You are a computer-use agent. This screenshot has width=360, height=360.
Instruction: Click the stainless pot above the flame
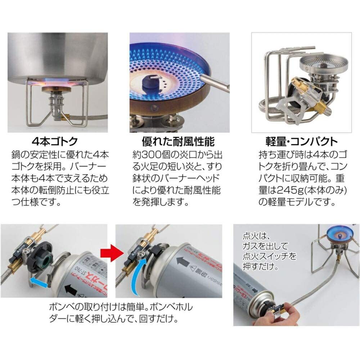click(x=58, y=58)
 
